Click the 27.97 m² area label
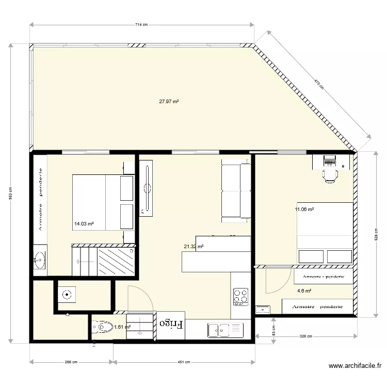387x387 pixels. pos(169,102)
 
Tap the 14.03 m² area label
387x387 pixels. pos(84,224)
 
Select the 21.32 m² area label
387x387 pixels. pos(193,247)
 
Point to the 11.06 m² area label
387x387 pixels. pos(304,209)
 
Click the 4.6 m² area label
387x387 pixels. pos(304,291)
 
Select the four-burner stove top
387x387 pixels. pos(240,296)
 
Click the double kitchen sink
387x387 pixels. pos(225,329)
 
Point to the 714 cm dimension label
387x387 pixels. pos(141,24)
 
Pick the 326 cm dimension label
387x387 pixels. pos(306,336)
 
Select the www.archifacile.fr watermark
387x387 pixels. pos(356,366)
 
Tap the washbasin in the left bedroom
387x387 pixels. pos(39,260)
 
